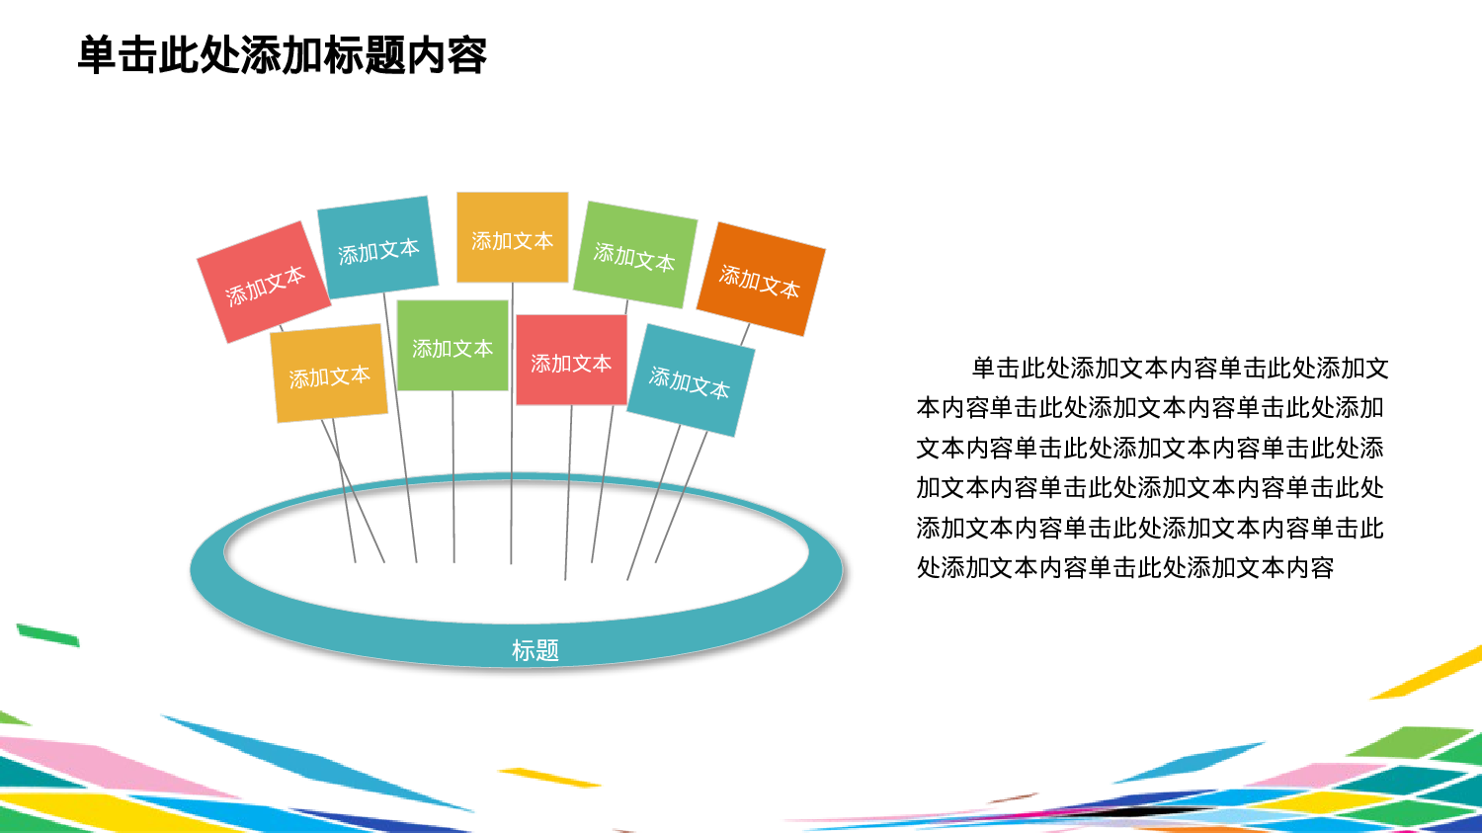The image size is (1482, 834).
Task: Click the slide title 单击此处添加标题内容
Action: pyautogui.click(x=282, y=55)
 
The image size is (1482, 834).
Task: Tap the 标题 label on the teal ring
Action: pyautogui.click(x=535, y=650)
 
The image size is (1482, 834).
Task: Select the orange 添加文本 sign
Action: pyautogui.click(x=760, y=280)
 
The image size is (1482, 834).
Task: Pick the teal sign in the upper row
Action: pyautogui.click(x=377, y=249)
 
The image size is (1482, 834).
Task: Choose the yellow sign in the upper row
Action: pyautogui.click(x=512, y=238)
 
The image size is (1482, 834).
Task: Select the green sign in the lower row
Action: pyautogui.click(x=452, y=347)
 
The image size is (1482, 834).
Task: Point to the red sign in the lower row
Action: pyautogui.click(x=571, y=362)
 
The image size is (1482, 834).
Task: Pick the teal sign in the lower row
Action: pyautogui.click(x=690, y=381)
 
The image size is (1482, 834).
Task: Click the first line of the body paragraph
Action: pyautogui.click(x=1180, y=369)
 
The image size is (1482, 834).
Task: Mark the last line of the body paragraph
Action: pyautogui.click(x=1124, y=568)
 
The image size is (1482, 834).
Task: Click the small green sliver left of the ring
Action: pyautogui.click(x=47, y=634)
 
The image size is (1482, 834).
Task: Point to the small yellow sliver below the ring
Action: pyautogui.click(x=549, y=778)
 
